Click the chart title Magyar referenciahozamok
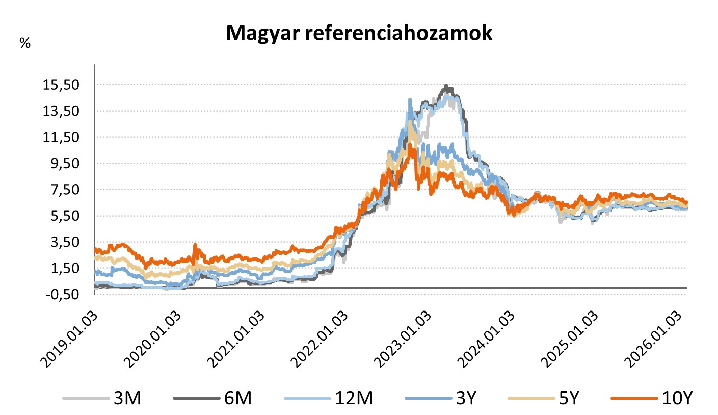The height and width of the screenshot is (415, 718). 359,33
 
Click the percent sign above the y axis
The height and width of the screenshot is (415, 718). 25,43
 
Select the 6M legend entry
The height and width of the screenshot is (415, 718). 236,398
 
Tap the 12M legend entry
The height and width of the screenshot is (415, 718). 351,398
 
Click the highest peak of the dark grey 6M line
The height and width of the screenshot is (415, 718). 446,86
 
